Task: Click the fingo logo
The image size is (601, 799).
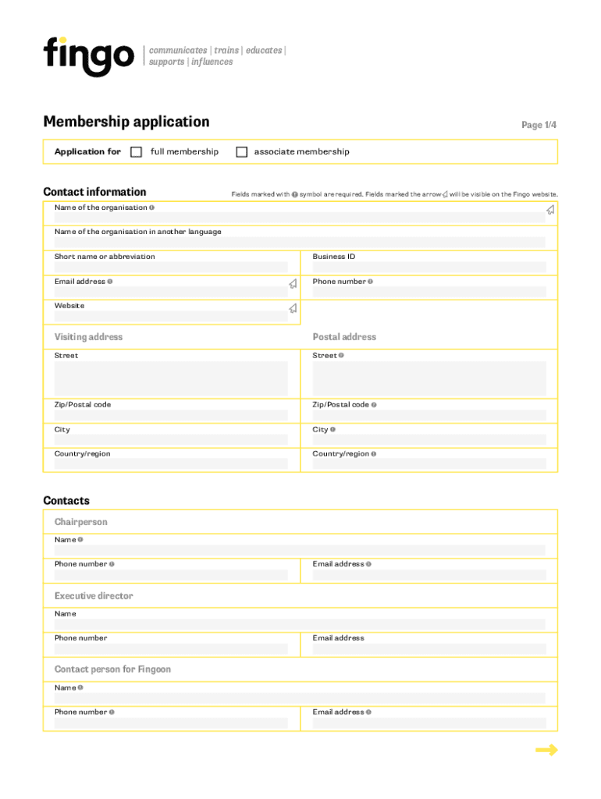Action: click(88, 55)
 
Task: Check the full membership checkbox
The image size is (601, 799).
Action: click(137, 152)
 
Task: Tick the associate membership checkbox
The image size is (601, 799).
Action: click(242, 152)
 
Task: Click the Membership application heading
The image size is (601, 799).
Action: click(126, 122)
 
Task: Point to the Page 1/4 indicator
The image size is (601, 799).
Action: click(539, 125)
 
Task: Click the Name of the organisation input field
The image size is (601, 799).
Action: click(297, 218)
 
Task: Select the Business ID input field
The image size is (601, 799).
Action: click(429, 267)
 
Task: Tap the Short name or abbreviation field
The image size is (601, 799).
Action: click(170, 267)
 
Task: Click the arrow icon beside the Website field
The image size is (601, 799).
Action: click(293, 308)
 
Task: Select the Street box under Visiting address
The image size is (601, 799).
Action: click(170, 378)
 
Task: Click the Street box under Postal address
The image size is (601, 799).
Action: click(429, 378)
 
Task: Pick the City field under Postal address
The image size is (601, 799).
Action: click(429, 440)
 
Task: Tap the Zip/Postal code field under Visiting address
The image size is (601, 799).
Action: click(170, 415)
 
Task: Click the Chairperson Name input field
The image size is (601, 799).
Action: click(300, 550)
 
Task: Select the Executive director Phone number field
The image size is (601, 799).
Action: click(170, 648)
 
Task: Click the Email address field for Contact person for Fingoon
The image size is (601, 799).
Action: click(429, 723)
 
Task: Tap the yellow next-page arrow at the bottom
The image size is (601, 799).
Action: click(546, 751)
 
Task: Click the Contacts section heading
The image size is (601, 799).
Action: click(66, 501)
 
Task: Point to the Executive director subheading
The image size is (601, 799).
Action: click(94, 596)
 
